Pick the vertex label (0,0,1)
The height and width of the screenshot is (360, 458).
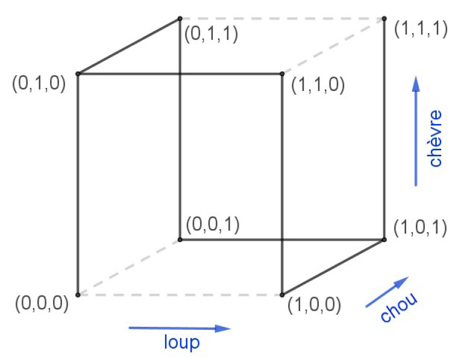[x=213, y=225]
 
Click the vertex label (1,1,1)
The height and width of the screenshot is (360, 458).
[x=421, y=29]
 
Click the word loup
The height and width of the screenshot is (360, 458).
[x=181, y=343]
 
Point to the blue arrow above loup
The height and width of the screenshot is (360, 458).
[x=180, y=329]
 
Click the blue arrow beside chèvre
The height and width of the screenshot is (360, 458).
[x=415, y=131]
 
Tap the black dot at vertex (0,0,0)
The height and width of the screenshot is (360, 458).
[x=78, y=295]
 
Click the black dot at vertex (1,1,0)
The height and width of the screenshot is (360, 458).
[x=282, y=74]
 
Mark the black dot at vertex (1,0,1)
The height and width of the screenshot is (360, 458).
[x=384, y=240]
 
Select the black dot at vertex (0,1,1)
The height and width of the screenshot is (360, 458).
[x=180, y=19]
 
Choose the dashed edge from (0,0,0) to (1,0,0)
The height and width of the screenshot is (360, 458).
[x=180, y=295]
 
